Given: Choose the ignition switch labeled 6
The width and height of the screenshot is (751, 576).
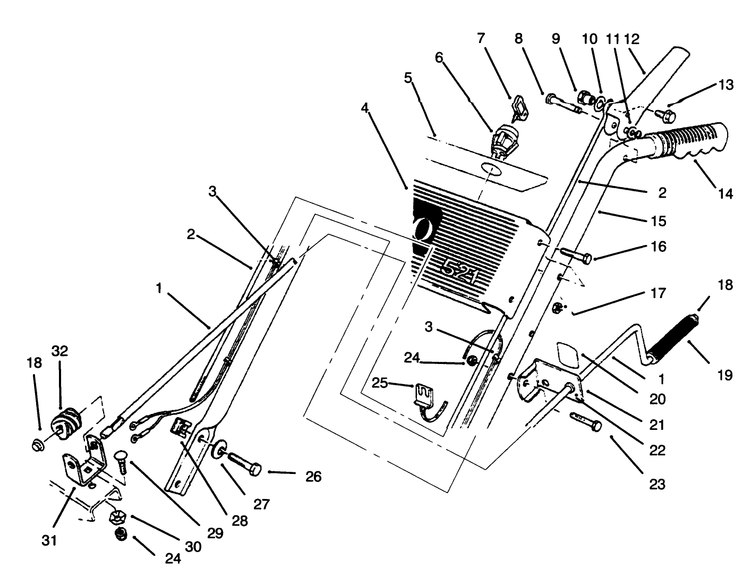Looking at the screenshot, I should [502, 140].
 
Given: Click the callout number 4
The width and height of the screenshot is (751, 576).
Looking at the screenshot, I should [364, 107].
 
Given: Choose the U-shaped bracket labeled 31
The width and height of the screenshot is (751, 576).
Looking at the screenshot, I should [82, 468].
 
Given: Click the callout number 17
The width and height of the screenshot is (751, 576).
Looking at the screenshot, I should [658, 293].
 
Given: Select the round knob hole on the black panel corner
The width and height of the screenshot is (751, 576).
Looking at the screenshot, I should [424, 230].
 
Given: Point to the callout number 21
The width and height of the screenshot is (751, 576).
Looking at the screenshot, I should [657, 425].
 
